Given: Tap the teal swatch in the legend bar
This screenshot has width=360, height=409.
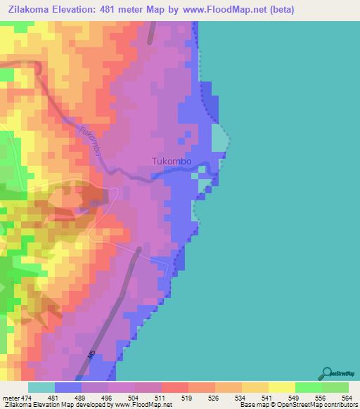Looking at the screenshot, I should point(41,387).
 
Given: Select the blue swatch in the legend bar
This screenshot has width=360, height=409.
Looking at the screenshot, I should point(68,387).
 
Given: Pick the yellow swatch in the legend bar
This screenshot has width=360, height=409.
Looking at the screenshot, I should point(281,387).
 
